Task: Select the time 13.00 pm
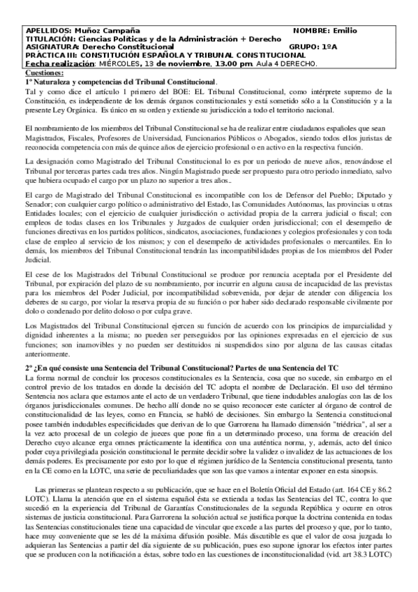[234, 64]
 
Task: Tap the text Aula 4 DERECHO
[287, 64]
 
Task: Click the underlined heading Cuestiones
[43, 73]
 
